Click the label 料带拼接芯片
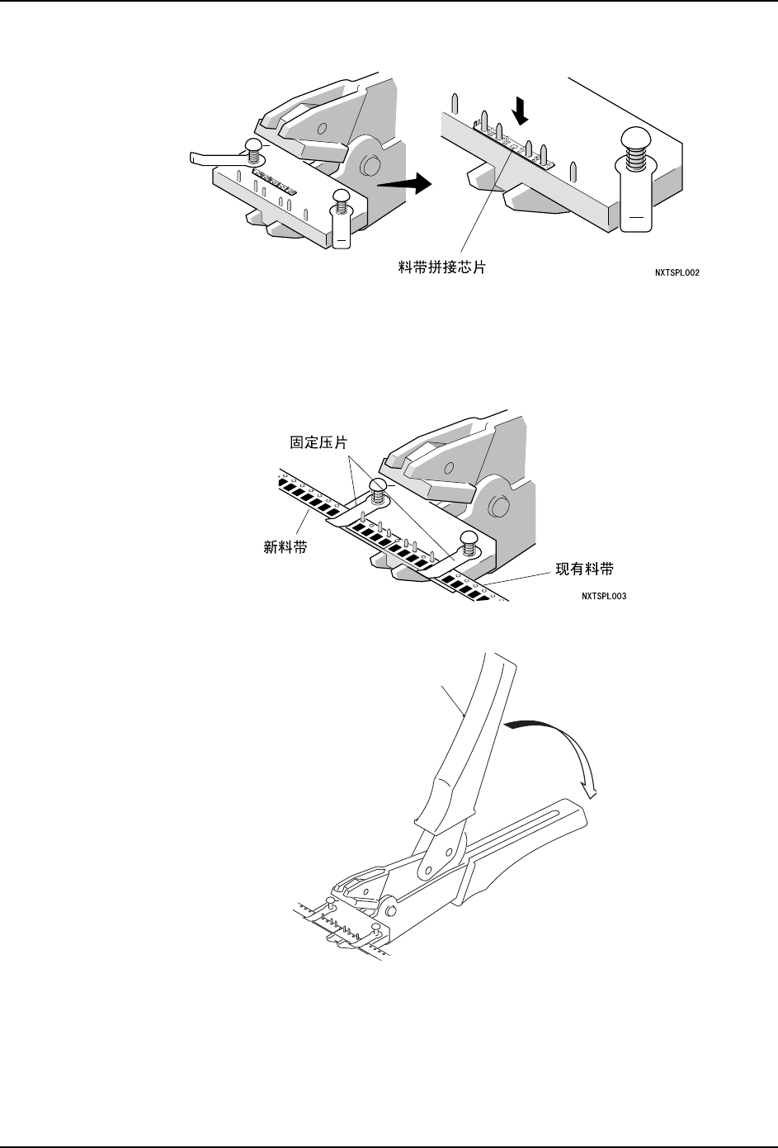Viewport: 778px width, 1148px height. point(437,267)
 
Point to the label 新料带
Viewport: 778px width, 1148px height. point(285,546)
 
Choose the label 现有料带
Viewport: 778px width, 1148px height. point(584,569)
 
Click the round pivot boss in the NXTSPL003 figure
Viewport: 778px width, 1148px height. point(498,506)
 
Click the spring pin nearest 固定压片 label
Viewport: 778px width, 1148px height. point(378,493)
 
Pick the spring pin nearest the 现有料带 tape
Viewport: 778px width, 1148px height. point(469,544)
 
